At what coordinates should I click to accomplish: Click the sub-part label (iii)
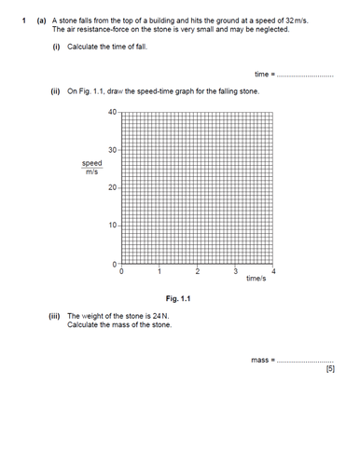[56, 316]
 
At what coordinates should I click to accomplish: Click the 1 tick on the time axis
[159, 271]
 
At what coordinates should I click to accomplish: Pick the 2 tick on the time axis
[198, 271]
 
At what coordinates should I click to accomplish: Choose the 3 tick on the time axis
[236, 271]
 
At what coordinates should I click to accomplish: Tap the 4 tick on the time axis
[274, 271]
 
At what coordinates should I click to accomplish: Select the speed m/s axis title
[92, 167]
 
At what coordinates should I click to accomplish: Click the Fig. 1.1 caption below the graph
[178, 298]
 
